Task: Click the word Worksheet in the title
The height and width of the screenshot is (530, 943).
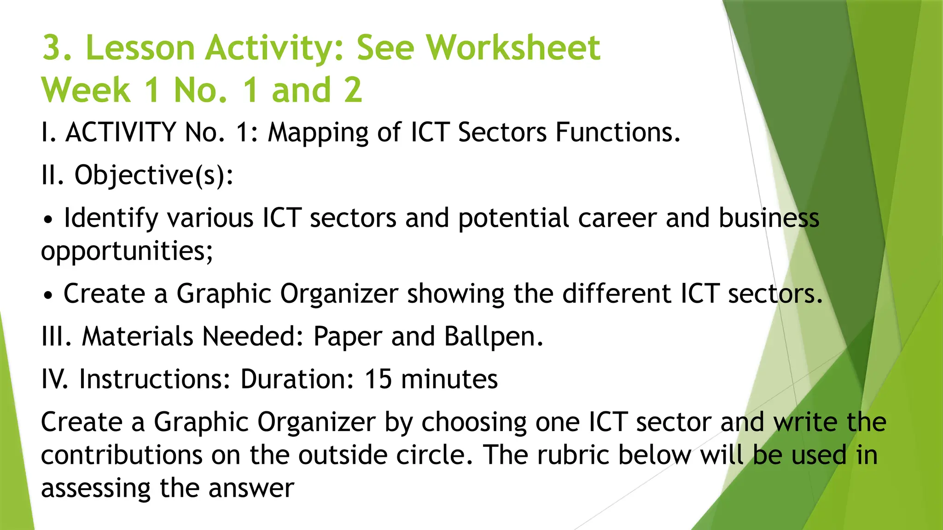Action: tap(512, 48)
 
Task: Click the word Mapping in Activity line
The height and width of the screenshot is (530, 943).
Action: tap(318, 133)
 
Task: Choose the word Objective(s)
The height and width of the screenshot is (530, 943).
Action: tap(154, 176)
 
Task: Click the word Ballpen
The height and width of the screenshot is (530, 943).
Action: tap(494, 336)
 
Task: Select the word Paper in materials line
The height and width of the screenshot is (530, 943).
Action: tap(348, 336)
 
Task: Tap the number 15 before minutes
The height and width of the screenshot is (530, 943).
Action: tap(378, 379)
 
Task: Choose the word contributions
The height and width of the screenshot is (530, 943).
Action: tap(122, 455)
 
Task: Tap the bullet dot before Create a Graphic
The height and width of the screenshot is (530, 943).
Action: tap(48, 295)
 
